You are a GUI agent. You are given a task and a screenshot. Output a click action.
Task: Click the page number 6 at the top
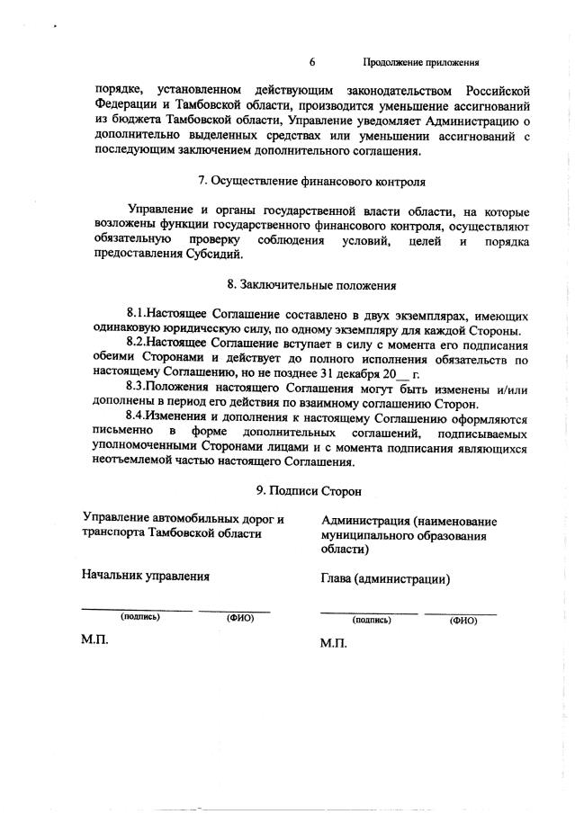pos(311,62)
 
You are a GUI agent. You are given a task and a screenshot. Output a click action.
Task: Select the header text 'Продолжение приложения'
pos(420,63)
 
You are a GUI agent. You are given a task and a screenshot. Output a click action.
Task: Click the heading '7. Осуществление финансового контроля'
pos(311,181)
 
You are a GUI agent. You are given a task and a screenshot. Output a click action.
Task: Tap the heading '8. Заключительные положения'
pos(311,285)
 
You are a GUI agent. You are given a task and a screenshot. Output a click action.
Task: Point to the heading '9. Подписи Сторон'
pos(311,491)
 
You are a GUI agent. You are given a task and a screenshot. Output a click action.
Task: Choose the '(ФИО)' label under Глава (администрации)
pos(463,620)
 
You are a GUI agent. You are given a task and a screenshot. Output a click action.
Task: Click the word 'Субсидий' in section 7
pos(215,255)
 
